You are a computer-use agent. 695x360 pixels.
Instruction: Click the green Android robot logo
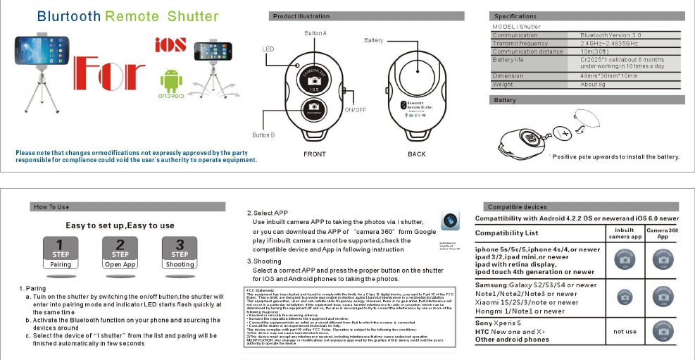170,81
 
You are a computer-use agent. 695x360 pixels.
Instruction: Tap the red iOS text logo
170,44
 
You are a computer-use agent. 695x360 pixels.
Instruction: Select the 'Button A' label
315,33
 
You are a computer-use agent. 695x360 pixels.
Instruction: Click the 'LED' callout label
268,49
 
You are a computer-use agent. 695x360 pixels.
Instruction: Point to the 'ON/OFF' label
355,110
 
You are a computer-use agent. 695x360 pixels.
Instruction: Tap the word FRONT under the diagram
314,153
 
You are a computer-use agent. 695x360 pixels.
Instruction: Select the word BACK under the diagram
417,153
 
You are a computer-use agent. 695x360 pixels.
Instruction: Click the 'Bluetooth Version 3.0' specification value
611,35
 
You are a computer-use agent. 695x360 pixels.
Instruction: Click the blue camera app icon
449,221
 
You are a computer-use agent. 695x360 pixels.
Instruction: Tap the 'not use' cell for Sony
625,331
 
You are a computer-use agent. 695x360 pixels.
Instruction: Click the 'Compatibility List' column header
506,232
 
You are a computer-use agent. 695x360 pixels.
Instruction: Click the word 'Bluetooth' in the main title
69,16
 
